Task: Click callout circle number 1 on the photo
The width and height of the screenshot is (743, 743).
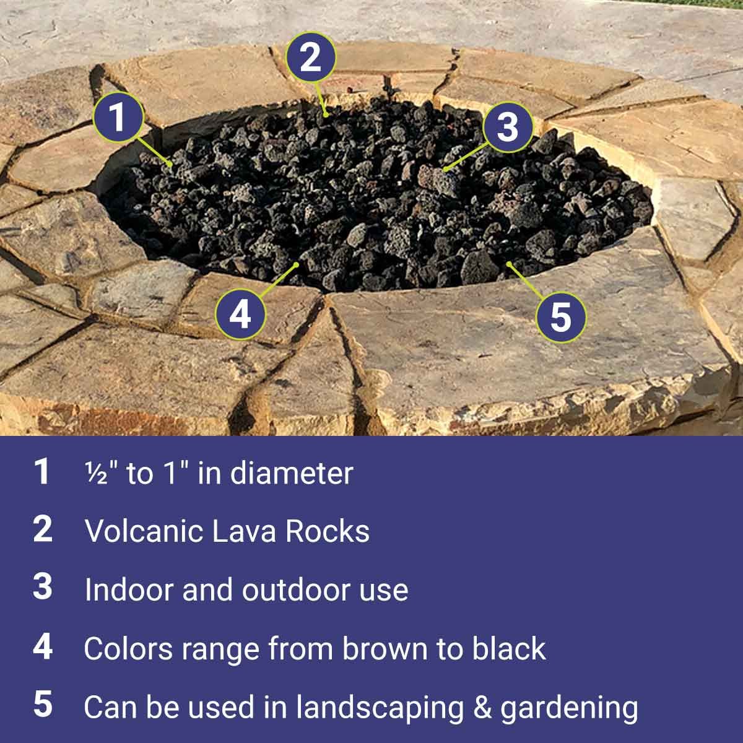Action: coord(118,117)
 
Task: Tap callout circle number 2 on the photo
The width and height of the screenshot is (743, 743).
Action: coord(310,57)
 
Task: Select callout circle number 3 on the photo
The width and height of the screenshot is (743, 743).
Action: coord(508,127)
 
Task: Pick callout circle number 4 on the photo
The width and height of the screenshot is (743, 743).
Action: coord(240,315)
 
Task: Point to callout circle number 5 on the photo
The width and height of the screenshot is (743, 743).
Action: coord(561,317)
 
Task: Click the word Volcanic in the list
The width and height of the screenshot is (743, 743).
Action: coord(143,531)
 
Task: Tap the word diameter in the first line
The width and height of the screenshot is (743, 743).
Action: coord(292,474)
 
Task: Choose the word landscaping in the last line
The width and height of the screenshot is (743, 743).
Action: coord(380,708)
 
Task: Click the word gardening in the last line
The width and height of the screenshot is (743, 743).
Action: coord(569,708)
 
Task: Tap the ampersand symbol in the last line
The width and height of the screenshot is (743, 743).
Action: coord(482,707)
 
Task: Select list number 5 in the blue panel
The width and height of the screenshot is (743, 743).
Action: coord(43,704)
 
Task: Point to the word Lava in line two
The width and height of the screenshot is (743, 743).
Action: coord(244,531)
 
